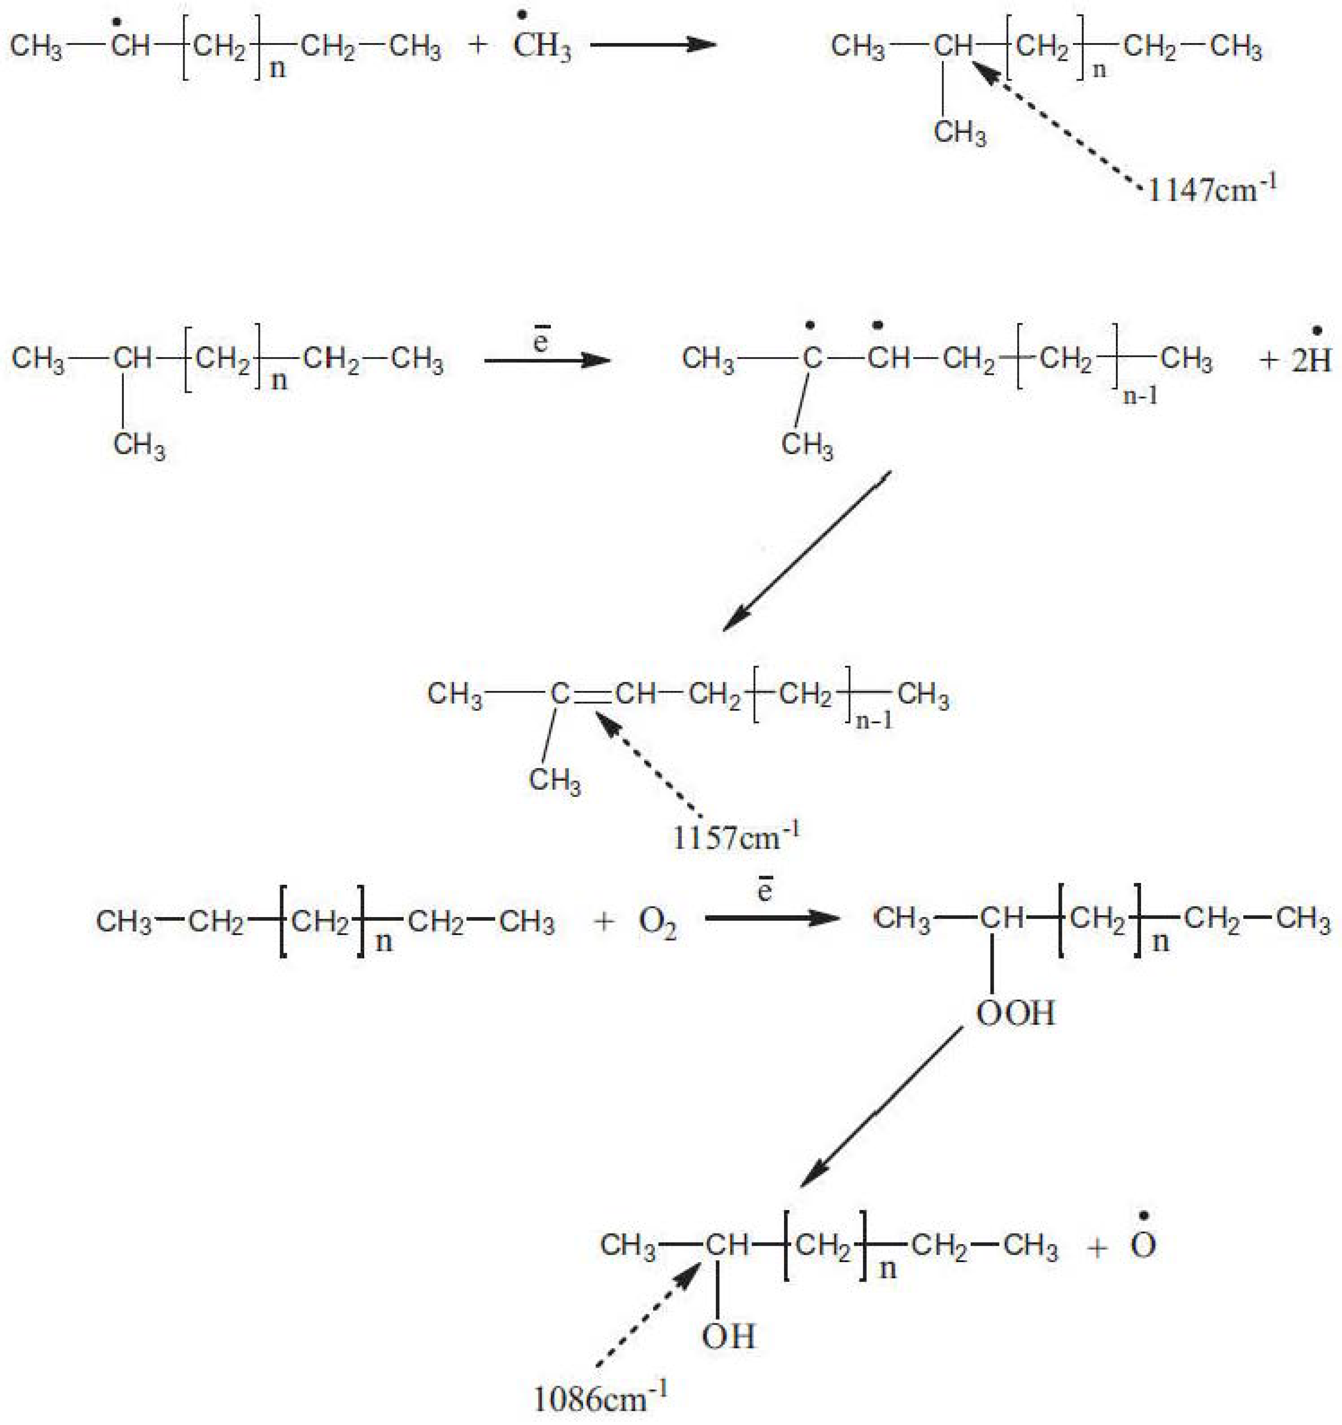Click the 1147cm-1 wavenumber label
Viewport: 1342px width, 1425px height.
[1211, 191]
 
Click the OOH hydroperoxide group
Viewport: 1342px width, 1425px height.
[1015, 1013]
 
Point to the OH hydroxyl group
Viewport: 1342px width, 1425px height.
[728, 1336]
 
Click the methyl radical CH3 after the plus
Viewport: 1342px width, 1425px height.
[542, 46]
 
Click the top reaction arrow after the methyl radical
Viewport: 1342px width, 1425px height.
[653, 44]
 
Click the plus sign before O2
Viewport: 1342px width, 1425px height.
[604, 922]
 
